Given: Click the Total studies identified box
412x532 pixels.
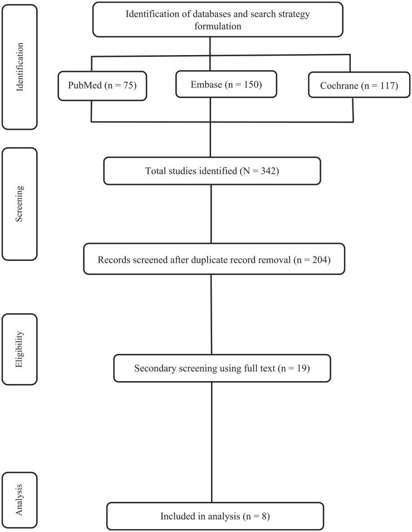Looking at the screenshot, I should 212,170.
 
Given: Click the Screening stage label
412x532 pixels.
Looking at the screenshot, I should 20,203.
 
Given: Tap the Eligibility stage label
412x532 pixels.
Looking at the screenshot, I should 20,349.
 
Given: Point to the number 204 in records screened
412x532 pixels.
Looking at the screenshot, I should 320,259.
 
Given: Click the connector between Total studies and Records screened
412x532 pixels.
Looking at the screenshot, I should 211,214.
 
